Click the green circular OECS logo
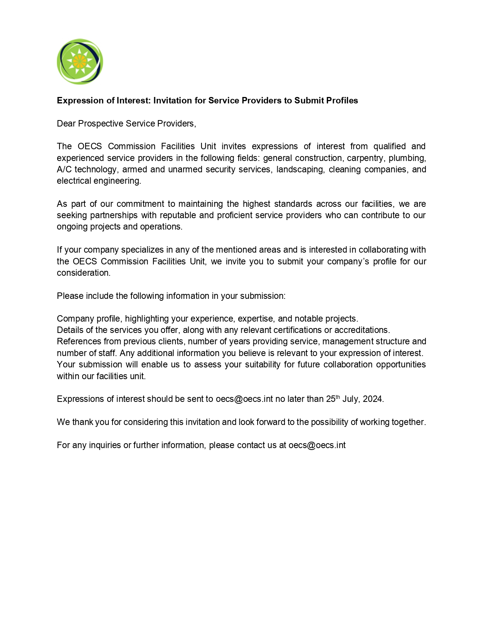(x=80, y=61)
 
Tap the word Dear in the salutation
(x=66, y=123)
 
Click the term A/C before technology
(x=64, y=169)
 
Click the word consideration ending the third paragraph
(x=83, y=273)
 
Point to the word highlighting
(x=147, y=319)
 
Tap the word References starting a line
(x=79, y=342)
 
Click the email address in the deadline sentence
(x=244, y=399)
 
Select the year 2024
(x=373, y=399)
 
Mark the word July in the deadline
(x=350, y=399)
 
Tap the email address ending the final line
(x=317, y=445)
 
